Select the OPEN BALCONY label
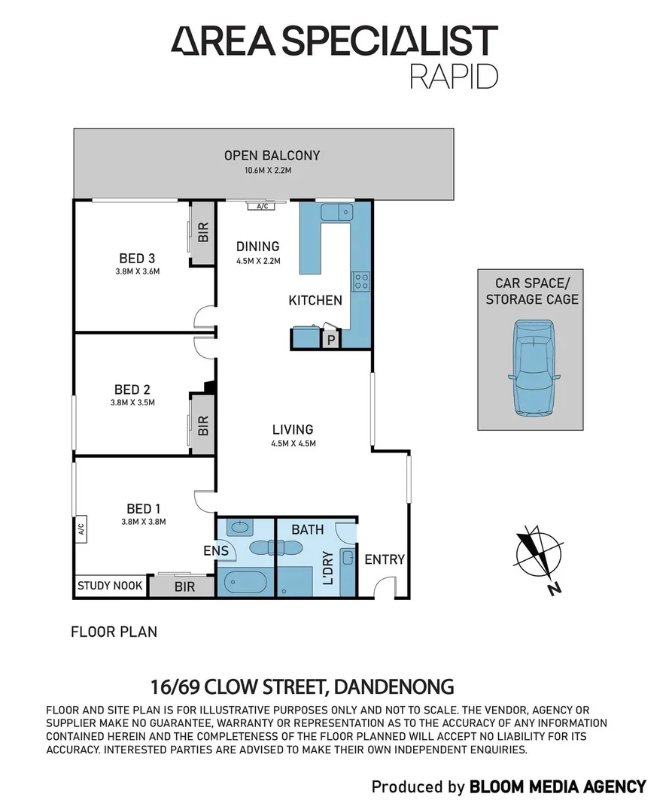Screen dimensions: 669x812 [x=272, y=156]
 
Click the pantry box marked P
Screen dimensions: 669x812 [x=330, y=340]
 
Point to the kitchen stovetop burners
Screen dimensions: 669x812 [x=361, y=281]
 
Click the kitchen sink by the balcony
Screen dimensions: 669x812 [x=336, y=212]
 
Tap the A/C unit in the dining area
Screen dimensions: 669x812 [x=263, y=206]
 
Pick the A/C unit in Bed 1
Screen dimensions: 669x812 [x=81, y=529]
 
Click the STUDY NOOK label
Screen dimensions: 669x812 [x=110, y=586]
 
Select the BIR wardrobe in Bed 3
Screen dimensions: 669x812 [x=203, y=232]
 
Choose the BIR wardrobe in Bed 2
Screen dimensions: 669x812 [x=203, y=425]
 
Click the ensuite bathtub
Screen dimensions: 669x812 [x=242, y=583]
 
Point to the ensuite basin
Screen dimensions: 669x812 [x=240, y=527]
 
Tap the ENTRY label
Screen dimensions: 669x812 [x=385, y=559]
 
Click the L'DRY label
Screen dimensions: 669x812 [x=328, y=568]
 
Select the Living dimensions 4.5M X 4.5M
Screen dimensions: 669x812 [x=293, y=444]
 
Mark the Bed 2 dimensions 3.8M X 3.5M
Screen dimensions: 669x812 [x=132, y=402]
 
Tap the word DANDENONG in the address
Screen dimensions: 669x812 [x=394, y=687]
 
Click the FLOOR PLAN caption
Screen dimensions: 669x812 [x=114, y=632]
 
